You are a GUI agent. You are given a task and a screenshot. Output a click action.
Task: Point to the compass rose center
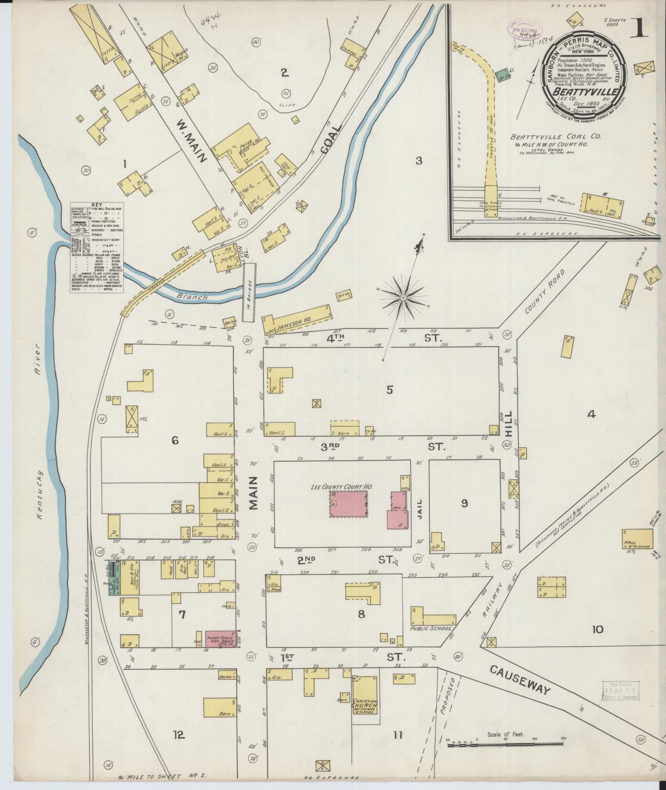[x=403, y=297]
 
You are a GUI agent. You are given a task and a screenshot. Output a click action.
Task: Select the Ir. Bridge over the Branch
[x=249, y=293]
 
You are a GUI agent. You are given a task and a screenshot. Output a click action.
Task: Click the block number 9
[x=465, y=503]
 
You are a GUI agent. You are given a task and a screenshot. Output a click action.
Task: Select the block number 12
[x=178, y=735]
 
